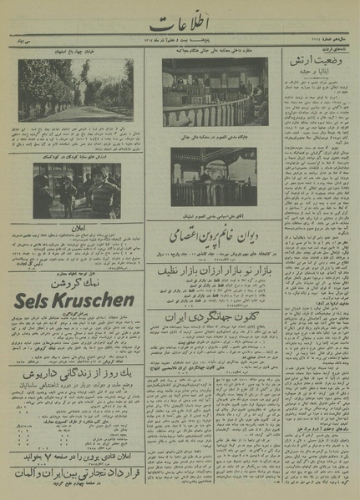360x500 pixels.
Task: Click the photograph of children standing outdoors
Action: tap(78, 191)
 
